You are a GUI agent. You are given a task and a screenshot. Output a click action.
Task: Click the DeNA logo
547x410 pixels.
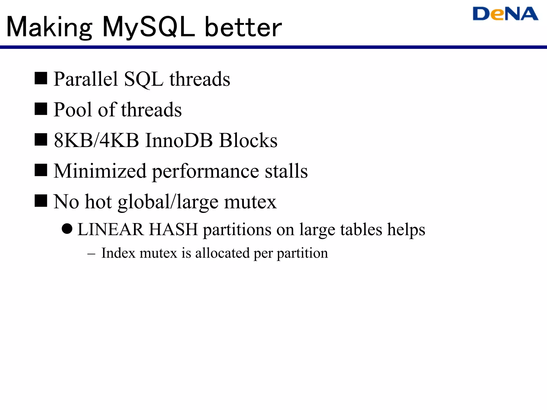(x=505, y=14)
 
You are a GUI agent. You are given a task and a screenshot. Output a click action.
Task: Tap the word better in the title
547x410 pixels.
(x=243, y=27)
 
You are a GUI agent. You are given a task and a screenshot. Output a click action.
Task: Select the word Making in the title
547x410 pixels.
(x=49, y=27)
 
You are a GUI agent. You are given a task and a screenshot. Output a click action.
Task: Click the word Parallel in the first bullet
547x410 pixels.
(x=86, y=79)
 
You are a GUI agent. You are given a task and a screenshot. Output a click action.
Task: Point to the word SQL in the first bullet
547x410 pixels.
(x=144, y=80)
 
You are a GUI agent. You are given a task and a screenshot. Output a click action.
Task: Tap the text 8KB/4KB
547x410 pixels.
(x=96, y=140)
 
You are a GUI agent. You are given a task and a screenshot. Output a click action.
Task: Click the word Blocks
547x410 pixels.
(x=248, y=140)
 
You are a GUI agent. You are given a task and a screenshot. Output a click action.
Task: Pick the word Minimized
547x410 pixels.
(x=100, y=171)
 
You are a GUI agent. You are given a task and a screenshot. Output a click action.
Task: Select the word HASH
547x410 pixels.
(x=173, y=230)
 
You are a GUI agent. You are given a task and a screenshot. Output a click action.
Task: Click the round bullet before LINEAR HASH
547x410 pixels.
(x=67, y=229)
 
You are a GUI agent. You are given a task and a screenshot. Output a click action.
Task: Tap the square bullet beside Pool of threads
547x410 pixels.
(x=41, y=109)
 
